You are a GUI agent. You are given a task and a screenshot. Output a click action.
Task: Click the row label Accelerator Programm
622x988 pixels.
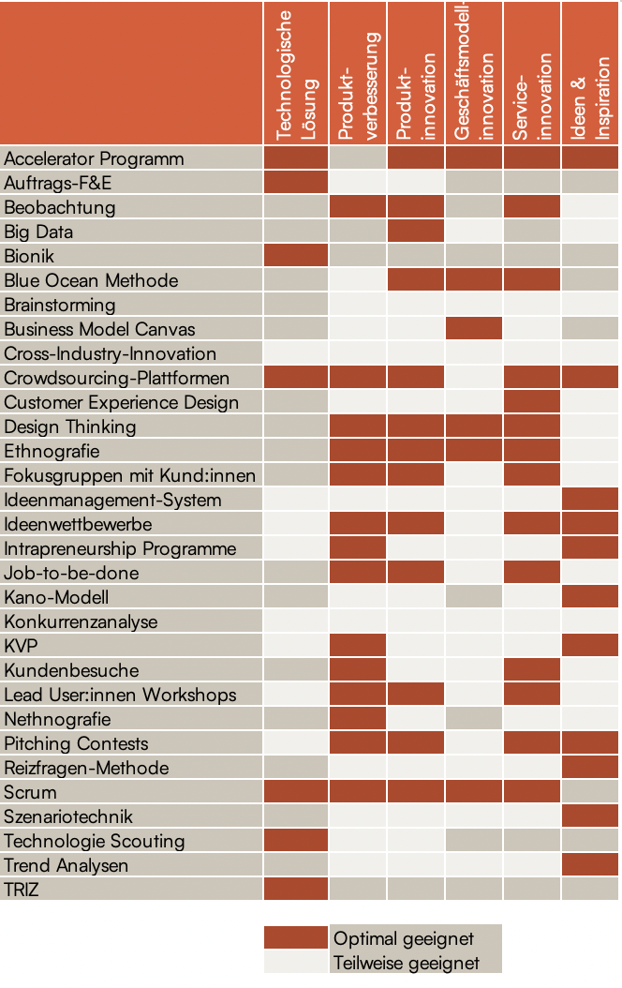pos(94,158)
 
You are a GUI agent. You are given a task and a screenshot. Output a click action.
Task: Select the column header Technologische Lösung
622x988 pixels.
pos(295,75)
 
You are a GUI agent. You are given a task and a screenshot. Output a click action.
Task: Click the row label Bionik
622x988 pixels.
pos(29,256)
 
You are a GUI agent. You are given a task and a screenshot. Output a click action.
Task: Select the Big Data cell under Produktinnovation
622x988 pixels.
pos(415,232)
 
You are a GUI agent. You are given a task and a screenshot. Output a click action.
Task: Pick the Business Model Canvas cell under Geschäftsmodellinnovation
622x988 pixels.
pos(474,329)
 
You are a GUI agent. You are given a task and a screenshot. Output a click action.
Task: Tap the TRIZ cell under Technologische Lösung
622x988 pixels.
pos(296,890)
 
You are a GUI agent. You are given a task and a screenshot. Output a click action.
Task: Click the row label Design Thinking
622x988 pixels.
pos(70,427)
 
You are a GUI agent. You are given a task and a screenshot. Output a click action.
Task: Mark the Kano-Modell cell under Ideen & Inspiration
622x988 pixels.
pos(590,597)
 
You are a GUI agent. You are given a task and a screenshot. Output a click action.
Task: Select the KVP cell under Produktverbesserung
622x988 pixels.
pos(357,646)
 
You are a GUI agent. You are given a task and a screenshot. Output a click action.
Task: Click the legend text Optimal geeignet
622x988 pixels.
pos(404,938)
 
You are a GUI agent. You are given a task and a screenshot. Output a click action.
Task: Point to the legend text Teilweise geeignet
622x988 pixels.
pos(407,963)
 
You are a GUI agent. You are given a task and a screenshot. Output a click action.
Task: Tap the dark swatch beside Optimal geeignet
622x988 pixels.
pos(296,938)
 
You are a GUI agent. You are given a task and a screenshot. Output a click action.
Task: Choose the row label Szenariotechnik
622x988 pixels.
pos(68,816)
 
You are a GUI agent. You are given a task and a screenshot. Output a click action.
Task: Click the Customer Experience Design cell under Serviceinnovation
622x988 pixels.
pos(531,402)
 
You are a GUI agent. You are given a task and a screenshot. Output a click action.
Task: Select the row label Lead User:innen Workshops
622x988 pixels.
pos(120,695)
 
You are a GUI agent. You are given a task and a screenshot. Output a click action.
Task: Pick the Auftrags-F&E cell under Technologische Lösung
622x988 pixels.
pos(296,183)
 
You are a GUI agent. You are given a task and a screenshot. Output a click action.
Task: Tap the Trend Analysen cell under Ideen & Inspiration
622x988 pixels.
pos(590,865)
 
